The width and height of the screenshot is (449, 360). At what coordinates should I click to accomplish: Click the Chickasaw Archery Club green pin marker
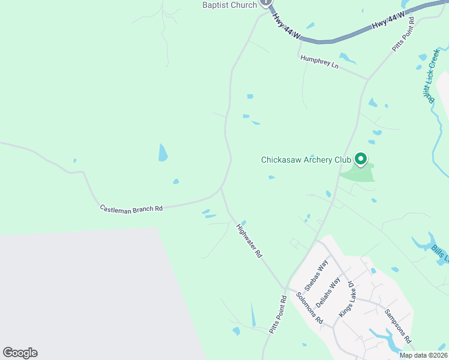[x=361, y=159]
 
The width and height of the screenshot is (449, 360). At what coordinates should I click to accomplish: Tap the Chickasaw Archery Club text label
[x=306, y=160]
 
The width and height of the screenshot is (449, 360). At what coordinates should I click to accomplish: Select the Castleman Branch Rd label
[x=131, y=209]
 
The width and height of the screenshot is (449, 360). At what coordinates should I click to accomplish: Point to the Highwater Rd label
[x=250, y=241]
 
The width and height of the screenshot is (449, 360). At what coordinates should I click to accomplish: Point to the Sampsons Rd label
[x=398, y=326]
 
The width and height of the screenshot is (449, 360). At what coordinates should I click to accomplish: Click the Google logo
[x=20, y=353]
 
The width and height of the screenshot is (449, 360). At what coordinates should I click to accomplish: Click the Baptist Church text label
[x=230, y=5]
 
